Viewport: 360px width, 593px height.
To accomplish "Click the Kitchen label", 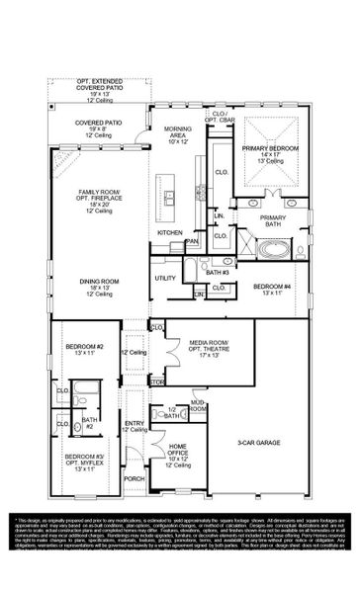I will [171, 232].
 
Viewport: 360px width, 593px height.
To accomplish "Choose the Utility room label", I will [164, 280].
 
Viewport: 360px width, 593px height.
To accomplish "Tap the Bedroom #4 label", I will [271, 290].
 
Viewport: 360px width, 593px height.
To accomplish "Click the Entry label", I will [134, 426].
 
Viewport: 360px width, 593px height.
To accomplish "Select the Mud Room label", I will [198, 406].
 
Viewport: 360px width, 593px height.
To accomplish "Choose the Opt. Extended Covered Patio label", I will [96, 85].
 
